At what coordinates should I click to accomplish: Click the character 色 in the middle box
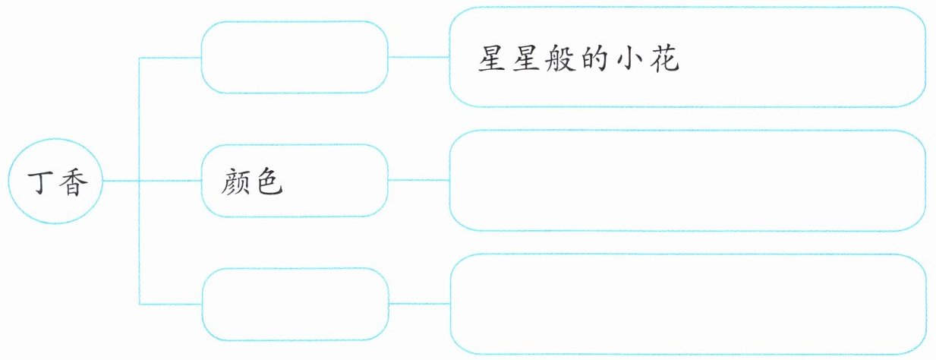(x=269, y=182)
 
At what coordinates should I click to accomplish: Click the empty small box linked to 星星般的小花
(x=295, y=58)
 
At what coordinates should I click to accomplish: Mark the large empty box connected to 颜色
(x=686, y=181)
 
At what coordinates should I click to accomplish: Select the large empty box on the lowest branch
(x=686, y=304)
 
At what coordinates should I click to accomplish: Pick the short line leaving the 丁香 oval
(x=120, y=181)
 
